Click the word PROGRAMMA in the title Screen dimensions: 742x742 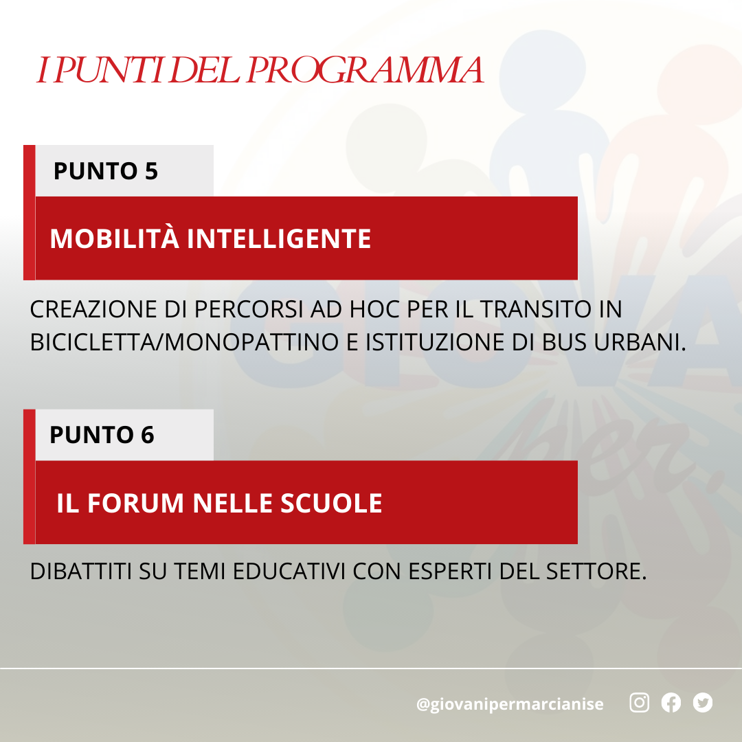pyautogui.click(x=365, y=70)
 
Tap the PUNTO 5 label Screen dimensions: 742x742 pyautogui.click(x=106, y=171)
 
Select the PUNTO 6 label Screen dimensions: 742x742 pyautogui.click(x=102, y=435)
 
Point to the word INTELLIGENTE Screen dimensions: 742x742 pyautogui.click(x=279, y=238)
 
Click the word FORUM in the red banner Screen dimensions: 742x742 pyautogui.click(x=135, y=503)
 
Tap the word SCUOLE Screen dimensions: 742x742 pyautogui.click(x=331, y=503)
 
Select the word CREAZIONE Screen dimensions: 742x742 pyautogui.click(x=93, y=309)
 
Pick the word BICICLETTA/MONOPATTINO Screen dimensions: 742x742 pyautogui.click(x=184, y=342)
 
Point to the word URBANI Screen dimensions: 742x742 pyautogui.click(x=640, y=342)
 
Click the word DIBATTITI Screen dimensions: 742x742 pyautogui.click(x=81, y=571)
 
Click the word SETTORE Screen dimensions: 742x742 pyautogui.click(x=596, y=571)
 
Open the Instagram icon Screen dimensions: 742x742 pyautogui.click(x=640, y=702)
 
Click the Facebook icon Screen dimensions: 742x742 pyautogui.click(x=671, y=702)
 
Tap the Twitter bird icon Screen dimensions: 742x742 pyautogui.click(x=703, y=702)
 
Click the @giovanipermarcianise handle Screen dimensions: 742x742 pyautogui.click(x=510, y=704)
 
